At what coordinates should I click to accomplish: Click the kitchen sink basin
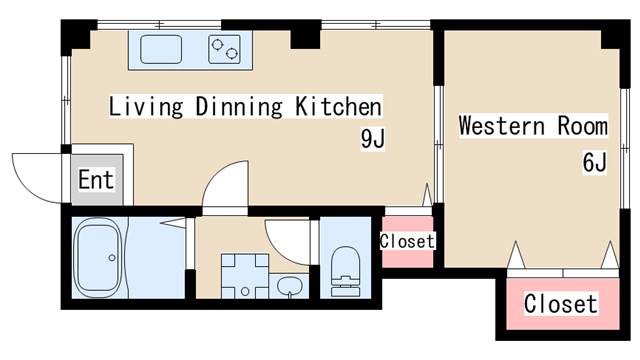(x=161, y=49)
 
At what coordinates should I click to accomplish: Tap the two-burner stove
(x=224, y=49)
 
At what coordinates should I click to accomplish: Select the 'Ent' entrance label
(x=96, y=180)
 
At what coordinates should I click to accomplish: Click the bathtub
(x=98, y=258)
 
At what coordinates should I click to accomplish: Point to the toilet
(x=345, y=271)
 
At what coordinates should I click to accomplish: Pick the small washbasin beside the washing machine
(x=289, y=286)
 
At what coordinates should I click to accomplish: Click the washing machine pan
(x=245, y=276)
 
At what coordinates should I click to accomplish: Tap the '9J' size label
(x=372, y=139)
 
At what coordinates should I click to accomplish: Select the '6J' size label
(x=594, y=162)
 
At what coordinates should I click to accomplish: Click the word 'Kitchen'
(x=338, y=106)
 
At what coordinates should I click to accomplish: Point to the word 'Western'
(x=502, y=125)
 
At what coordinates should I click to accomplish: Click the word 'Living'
(x=146, y=107)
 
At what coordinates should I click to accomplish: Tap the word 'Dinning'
(x=239, y=107)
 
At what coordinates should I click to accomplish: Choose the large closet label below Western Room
(x=561, y=304)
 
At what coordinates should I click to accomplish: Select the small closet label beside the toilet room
(x=407, y=241)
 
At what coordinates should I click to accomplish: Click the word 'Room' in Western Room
(x=582, y=125)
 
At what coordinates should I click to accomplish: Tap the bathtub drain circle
(x=112, y=258)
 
